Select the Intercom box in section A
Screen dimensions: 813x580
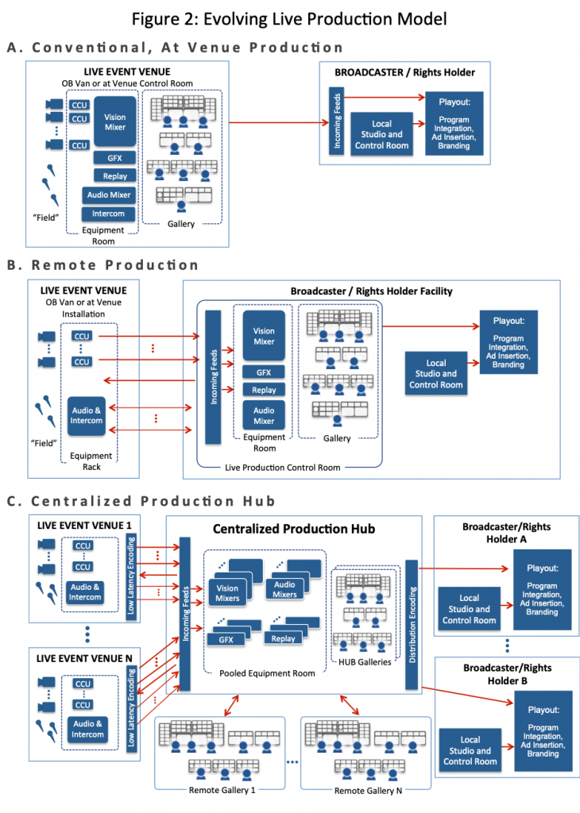[108, 214]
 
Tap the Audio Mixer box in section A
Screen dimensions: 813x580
[108, 195]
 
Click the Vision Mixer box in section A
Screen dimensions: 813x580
[114, 122]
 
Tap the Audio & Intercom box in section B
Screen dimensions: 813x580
[87, 414]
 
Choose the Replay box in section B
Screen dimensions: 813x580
[264, 390]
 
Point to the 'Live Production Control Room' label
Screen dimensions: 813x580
[282, 468]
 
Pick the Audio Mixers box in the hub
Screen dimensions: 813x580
[285, 589]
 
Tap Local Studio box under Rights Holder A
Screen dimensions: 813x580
[470, 610]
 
